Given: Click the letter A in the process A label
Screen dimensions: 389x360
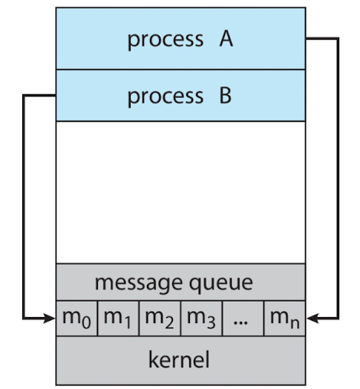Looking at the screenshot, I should click(226, 39).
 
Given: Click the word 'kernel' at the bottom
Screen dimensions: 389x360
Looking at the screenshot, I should click(180, 361).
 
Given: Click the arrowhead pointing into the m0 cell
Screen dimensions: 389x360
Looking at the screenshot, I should click(50, 318).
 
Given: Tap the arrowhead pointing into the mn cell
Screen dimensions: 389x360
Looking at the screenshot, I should click(312, 318).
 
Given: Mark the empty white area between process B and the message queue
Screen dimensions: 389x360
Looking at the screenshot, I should click(180, 192).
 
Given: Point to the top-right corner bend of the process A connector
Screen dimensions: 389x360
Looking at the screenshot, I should click(338, 39).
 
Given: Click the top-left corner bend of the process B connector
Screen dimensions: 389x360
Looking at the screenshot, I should click(24, 96).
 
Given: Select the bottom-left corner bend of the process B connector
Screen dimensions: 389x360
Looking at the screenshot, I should click(24, 318).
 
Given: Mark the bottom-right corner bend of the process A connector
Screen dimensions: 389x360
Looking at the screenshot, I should click(338, 318).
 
